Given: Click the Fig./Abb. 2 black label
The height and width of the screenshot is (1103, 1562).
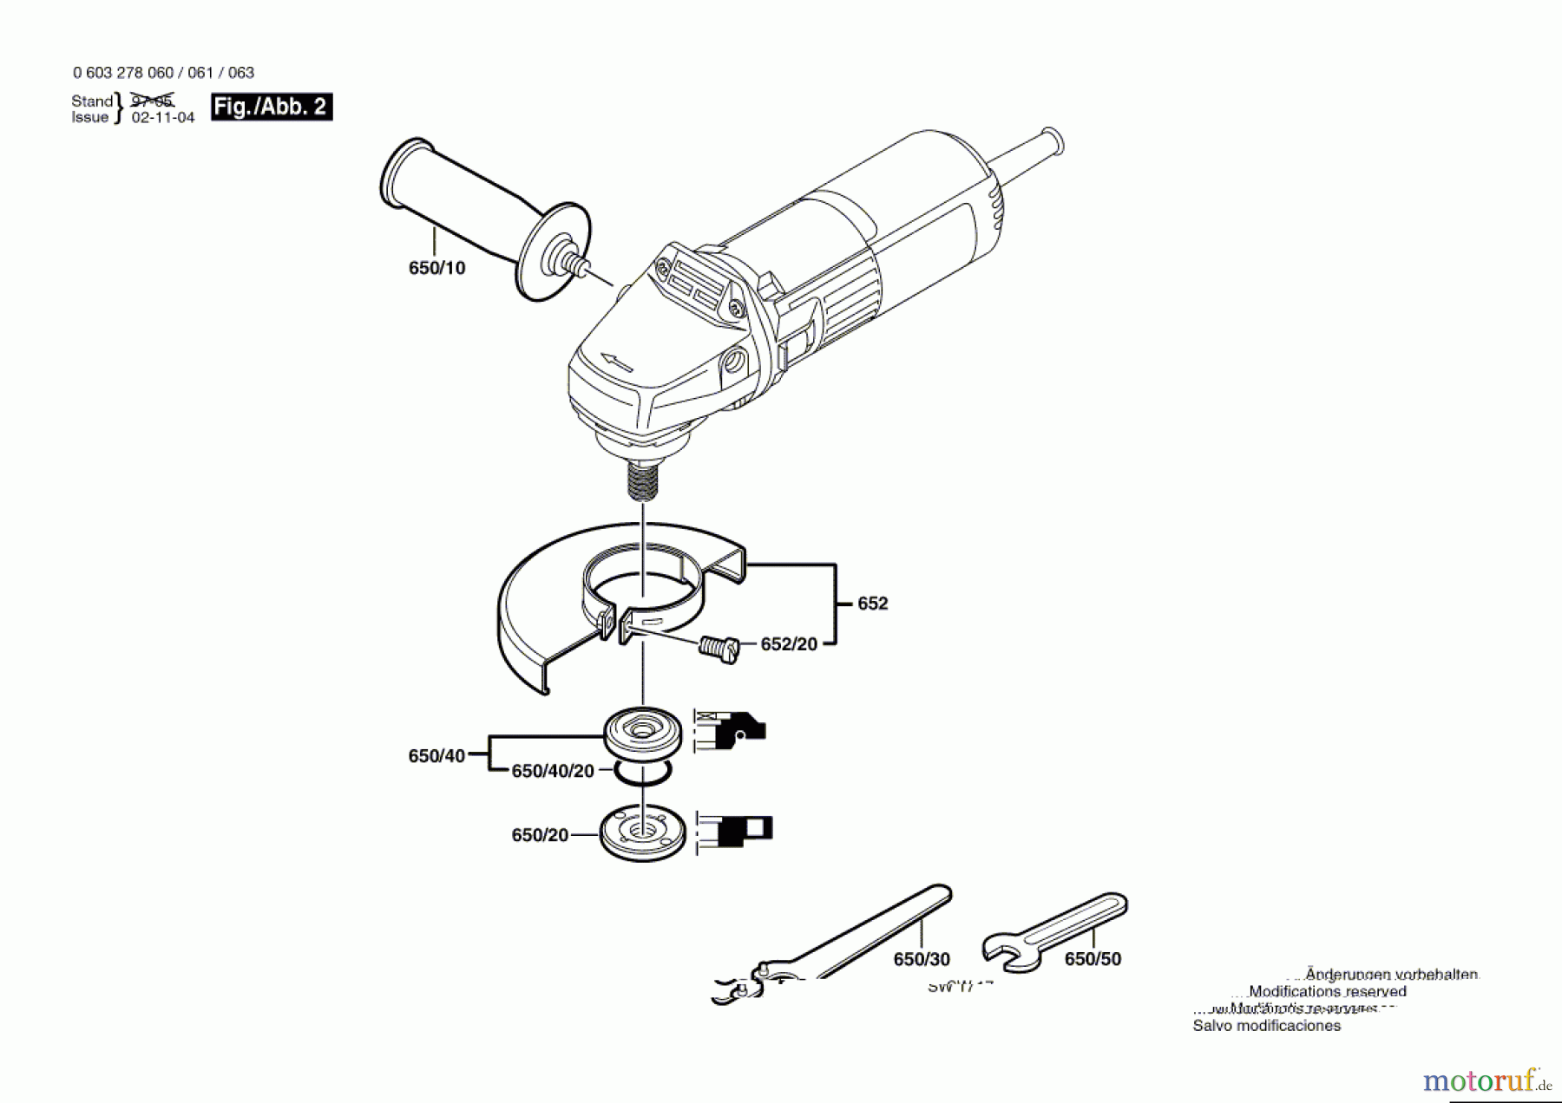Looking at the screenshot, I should point(272,107).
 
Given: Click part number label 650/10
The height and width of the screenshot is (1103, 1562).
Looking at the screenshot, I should point(436,268).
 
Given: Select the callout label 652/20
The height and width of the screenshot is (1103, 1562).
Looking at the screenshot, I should point(788,644).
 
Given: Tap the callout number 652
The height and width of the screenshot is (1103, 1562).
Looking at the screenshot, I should point(872,604).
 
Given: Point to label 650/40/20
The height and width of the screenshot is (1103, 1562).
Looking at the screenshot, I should point(553,771).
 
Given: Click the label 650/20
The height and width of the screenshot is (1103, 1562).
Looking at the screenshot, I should point(540,835).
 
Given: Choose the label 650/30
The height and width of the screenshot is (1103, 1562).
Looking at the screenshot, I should point(922,959).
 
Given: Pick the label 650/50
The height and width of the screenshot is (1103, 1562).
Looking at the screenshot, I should point(1093,959).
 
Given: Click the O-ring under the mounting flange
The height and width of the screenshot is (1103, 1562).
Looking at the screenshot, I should point(643,772).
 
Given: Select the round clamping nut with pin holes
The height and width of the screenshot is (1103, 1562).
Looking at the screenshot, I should point(643,833).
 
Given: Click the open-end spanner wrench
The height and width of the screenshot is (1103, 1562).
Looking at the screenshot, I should point(1054,930).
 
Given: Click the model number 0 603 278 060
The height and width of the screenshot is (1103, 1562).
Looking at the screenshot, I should point(123,73).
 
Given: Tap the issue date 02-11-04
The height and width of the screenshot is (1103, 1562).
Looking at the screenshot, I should point(163,118).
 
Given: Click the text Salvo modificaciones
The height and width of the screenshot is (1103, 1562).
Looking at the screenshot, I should point(1266,1026).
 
